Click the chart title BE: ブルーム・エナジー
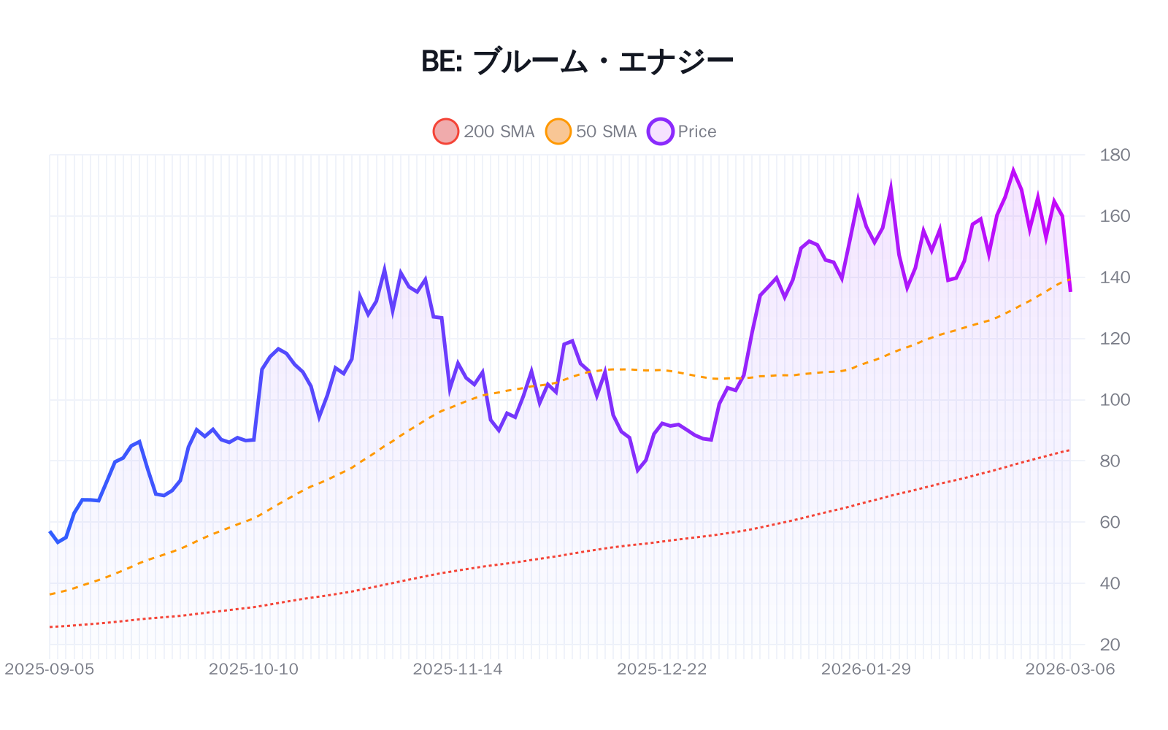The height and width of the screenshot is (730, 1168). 577,61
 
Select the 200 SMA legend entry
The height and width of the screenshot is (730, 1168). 484,131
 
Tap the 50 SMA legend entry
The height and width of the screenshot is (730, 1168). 591,131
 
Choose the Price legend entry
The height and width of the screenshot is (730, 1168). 683,131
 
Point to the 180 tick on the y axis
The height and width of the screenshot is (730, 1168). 1115,155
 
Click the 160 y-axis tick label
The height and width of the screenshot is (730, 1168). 1115,216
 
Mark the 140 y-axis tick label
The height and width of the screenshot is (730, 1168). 1115,277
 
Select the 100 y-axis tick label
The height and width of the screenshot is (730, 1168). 1115,399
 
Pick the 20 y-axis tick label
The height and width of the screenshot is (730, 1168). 1110,645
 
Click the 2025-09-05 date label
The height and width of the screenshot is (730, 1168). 50,669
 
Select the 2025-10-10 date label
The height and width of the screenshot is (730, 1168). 253,669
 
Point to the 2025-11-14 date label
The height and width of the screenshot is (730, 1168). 458,669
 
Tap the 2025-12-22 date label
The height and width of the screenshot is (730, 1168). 661,669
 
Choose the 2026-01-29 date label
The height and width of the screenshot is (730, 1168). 866,669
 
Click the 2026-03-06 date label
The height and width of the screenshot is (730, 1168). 1069,669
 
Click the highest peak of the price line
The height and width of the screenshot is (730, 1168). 1013,171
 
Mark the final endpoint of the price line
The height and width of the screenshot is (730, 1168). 1070,291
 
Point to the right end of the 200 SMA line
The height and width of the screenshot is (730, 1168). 1070,450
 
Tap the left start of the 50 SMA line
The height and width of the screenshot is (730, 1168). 50,594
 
